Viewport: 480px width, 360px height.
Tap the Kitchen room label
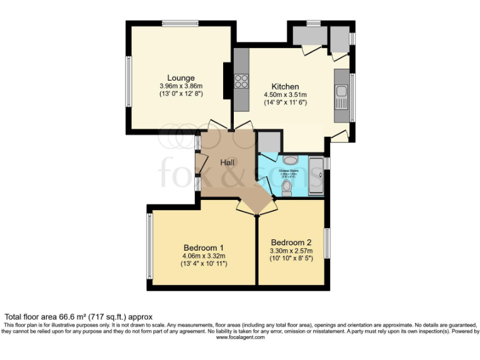click(284, 86)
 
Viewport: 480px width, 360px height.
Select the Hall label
click(227, 162)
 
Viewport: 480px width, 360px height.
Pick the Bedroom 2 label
click(291, 242)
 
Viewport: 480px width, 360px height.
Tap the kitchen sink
click(341, 97)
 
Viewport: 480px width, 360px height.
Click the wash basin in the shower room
click(291, 160)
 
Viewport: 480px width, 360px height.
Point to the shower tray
click(316, 176)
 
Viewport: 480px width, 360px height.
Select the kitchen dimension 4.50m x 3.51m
click(284, 94)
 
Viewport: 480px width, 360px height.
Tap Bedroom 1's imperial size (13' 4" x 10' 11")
click(204, 264)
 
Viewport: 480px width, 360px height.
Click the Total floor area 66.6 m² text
click(79, 317)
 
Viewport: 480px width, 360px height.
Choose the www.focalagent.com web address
click(240, 337)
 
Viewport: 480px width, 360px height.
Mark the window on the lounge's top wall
click(181, 24)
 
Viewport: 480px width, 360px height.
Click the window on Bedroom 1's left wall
click(149, 246)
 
